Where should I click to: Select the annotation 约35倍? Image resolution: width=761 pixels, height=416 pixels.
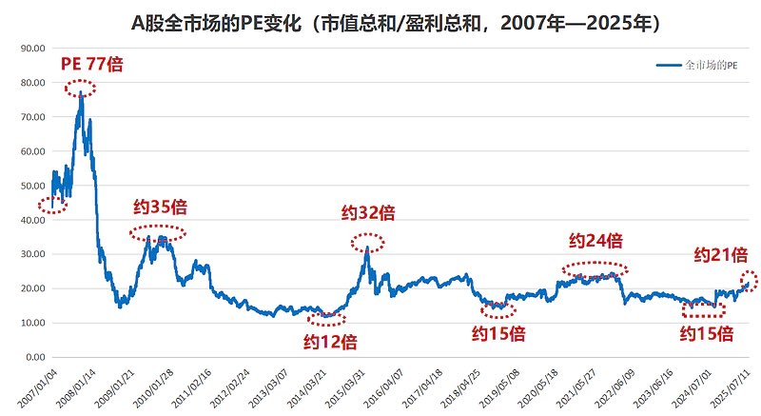coord(159,207)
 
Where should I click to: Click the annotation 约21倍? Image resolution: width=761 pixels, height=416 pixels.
coord(720,254)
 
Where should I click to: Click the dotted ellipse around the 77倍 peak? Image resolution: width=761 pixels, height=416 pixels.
coord(81,89)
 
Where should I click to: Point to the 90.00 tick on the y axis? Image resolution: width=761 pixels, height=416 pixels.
coord(33,48)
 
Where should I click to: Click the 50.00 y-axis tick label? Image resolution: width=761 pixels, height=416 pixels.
coord(33,186)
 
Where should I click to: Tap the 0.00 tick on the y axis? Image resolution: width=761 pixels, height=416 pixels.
coord(36,357)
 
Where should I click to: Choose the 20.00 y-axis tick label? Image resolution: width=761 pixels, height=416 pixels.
coord(33,288)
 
